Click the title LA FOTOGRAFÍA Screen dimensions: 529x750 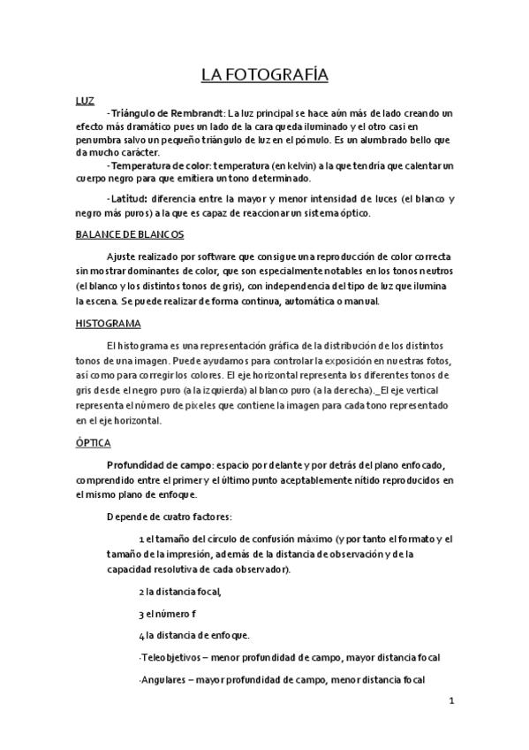tap(264, 74)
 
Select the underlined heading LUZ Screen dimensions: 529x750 tap(86, 100)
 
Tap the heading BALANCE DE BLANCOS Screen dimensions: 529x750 tap(130, 234)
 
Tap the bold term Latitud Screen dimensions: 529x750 tap(127, 199)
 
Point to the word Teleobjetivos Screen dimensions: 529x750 tap(171, 657)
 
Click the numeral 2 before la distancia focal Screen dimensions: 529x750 tap(141, 592)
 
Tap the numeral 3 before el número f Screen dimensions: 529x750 tap(141, 613)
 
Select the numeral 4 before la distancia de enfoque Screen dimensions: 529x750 tap(141, 635)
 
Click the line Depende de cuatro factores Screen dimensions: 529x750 tap(170, 517)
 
